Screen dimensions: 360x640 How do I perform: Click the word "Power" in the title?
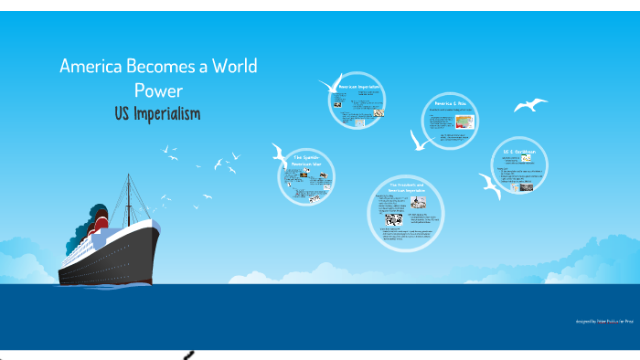click(158, 90)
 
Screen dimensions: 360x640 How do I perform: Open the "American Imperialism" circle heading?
click(358, 87)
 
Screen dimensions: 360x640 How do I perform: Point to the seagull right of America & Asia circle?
click(530, 105)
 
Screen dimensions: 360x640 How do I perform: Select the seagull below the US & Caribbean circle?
click(491, 186)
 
